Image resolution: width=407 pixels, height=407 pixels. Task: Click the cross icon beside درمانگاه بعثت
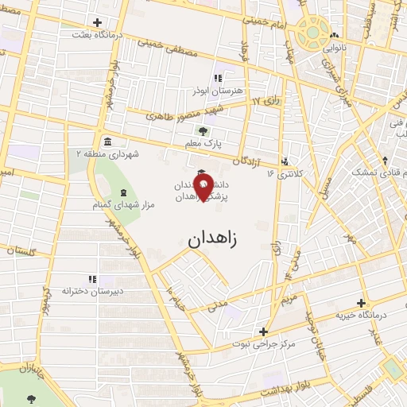click(97, 22)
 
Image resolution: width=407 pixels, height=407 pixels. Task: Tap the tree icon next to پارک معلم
click(204, 133)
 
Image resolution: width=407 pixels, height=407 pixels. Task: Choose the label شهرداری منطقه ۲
click(107, 153)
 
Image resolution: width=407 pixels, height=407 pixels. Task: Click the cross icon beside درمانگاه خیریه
click(362, 303)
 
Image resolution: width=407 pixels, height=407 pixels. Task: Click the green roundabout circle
click(313, 33)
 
